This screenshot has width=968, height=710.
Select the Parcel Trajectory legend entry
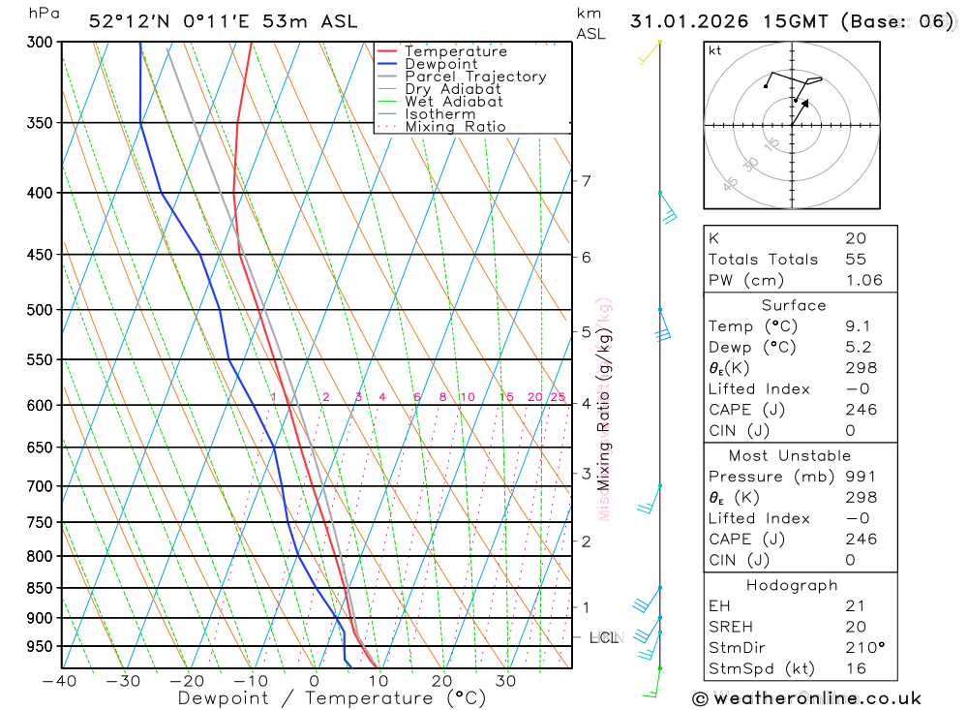(475, 77)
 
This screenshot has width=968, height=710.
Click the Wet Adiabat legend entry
(454, 102)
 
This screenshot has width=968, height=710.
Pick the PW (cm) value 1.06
(863, 281)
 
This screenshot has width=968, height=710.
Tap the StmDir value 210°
(862, 647)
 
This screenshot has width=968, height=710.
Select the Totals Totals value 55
(856, 260)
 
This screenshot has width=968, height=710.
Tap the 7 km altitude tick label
(587, 181)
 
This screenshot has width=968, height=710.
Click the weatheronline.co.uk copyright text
(807, 698)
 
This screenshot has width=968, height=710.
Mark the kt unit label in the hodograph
(715, 50)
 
